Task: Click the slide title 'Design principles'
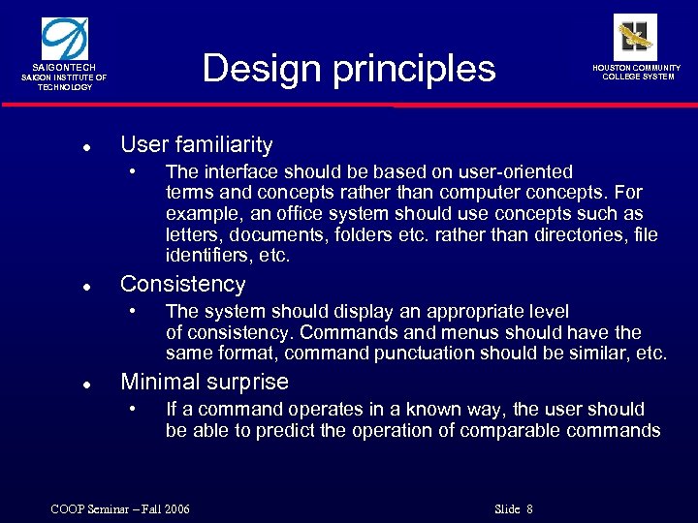(x=349, y=69)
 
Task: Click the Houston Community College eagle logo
(x=635, y=37)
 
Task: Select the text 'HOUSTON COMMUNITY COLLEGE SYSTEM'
(x=637, y=73)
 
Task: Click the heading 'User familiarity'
(x=196, y=145)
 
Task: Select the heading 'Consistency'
(x=182, y=284)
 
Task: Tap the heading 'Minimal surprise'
(x=204, y=382)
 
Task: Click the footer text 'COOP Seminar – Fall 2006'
(x=120, y=509)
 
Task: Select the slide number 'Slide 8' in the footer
(x=514, y=509)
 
